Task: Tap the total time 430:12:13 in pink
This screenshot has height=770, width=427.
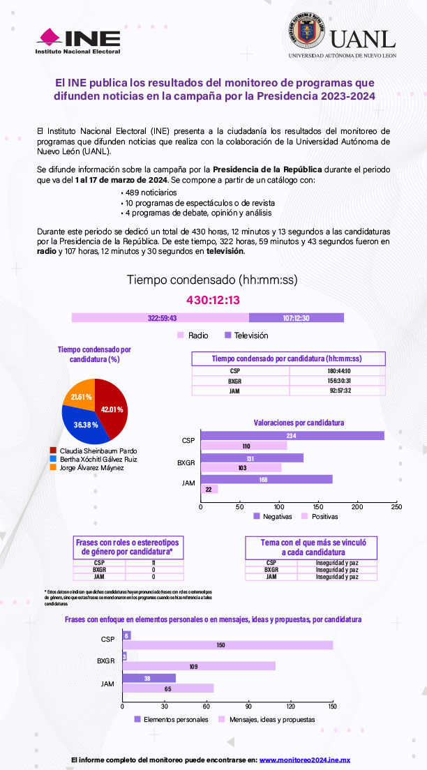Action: (213, 300)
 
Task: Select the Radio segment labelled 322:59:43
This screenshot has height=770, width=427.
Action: (161, 318)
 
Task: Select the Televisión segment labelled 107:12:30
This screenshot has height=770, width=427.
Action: (297, 318)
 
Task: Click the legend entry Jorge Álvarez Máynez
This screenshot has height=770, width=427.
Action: (88, 467)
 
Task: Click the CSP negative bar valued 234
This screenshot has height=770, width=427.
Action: (292, 436)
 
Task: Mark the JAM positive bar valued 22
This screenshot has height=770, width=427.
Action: (209, 489)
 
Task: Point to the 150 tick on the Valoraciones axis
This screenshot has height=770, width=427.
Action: (318, 507)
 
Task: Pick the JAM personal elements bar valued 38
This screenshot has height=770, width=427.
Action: (149, 677)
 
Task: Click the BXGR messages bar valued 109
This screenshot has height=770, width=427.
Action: (199, 666)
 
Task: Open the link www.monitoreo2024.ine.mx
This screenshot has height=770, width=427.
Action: (304, 760)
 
